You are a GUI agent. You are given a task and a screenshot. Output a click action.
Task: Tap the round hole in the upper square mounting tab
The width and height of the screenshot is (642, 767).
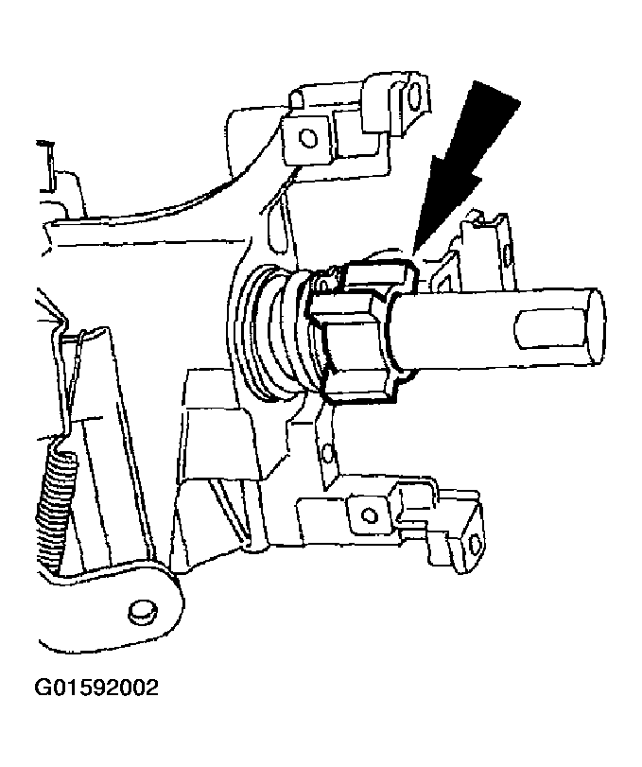click(304, 137)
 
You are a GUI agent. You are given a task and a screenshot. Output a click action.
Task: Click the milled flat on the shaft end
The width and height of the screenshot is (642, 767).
click(544, 334)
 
